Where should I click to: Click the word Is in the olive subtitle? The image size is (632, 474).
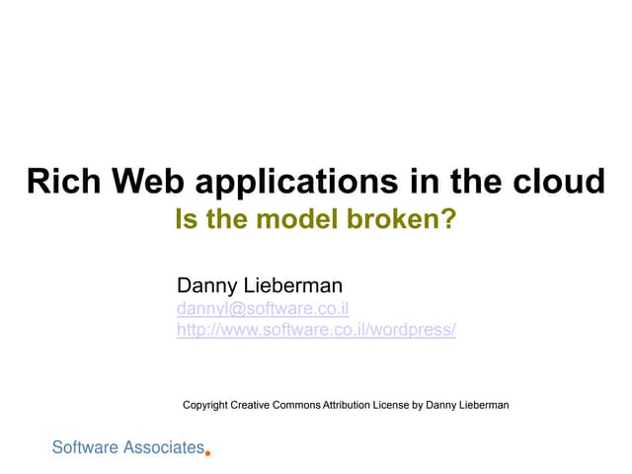185,219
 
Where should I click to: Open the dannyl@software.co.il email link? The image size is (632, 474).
262,309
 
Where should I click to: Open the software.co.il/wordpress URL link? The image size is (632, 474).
316,330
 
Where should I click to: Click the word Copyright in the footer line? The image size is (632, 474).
206,405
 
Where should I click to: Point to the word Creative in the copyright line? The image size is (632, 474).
254,405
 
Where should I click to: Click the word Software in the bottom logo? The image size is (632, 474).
85,448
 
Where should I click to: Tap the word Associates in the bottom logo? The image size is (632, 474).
163,448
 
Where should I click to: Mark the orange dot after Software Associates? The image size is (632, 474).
207,453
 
